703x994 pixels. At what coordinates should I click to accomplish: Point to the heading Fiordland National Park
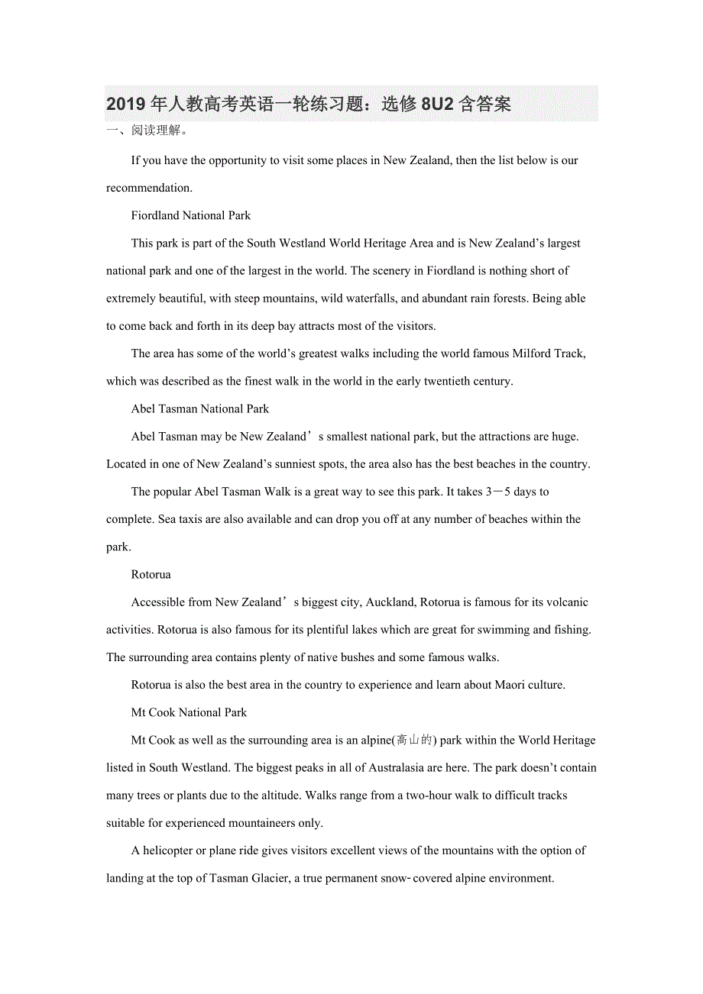[190, 215]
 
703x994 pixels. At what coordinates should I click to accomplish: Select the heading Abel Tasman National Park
[199, 408]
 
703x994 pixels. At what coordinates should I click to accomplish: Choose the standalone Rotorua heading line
[151, 574]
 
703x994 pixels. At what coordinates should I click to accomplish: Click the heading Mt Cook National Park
[189, 712]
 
